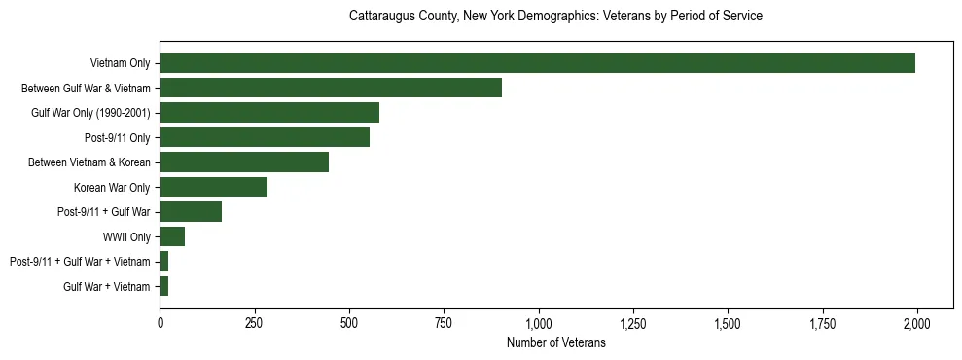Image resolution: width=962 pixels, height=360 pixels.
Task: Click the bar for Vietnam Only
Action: click(537, 63)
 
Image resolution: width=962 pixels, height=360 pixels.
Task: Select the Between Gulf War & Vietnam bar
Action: click(331, 88)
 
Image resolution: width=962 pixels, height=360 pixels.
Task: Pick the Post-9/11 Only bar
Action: click(265, 137)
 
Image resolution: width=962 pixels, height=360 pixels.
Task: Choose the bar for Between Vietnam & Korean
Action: click(244, 162)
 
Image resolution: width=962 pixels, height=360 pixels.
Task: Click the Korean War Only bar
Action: click(214, 187)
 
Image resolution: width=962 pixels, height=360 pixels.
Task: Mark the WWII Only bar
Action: click(172, 236)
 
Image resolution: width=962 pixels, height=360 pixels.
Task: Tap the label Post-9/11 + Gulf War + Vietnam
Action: click(80, 262)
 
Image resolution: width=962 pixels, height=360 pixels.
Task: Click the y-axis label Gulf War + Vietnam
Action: click(107, 286)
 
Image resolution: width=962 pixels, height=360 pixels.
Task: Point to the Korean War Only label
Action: click(112, 187)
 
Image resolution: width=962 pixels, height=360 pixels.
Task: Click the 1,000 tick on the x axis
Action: click(538, 322)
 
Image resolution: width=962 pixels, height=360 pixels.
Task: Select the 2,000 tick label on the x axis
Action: click(916, 322)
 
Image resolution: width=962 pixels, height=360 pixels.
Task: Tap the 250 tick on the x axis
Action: click(255, 322)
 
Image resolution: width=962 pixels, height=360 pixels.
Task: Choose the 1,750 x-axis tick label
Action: click(822, 322)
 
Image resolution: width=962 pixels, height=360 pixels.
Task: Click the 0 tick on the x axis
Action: click(160, 322)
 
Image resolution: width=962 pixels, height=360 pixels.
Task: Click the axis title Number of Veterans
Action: click(556, 342)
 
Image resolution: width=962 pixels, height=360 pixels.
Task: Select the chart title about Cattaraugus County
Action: click(555, 17)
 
